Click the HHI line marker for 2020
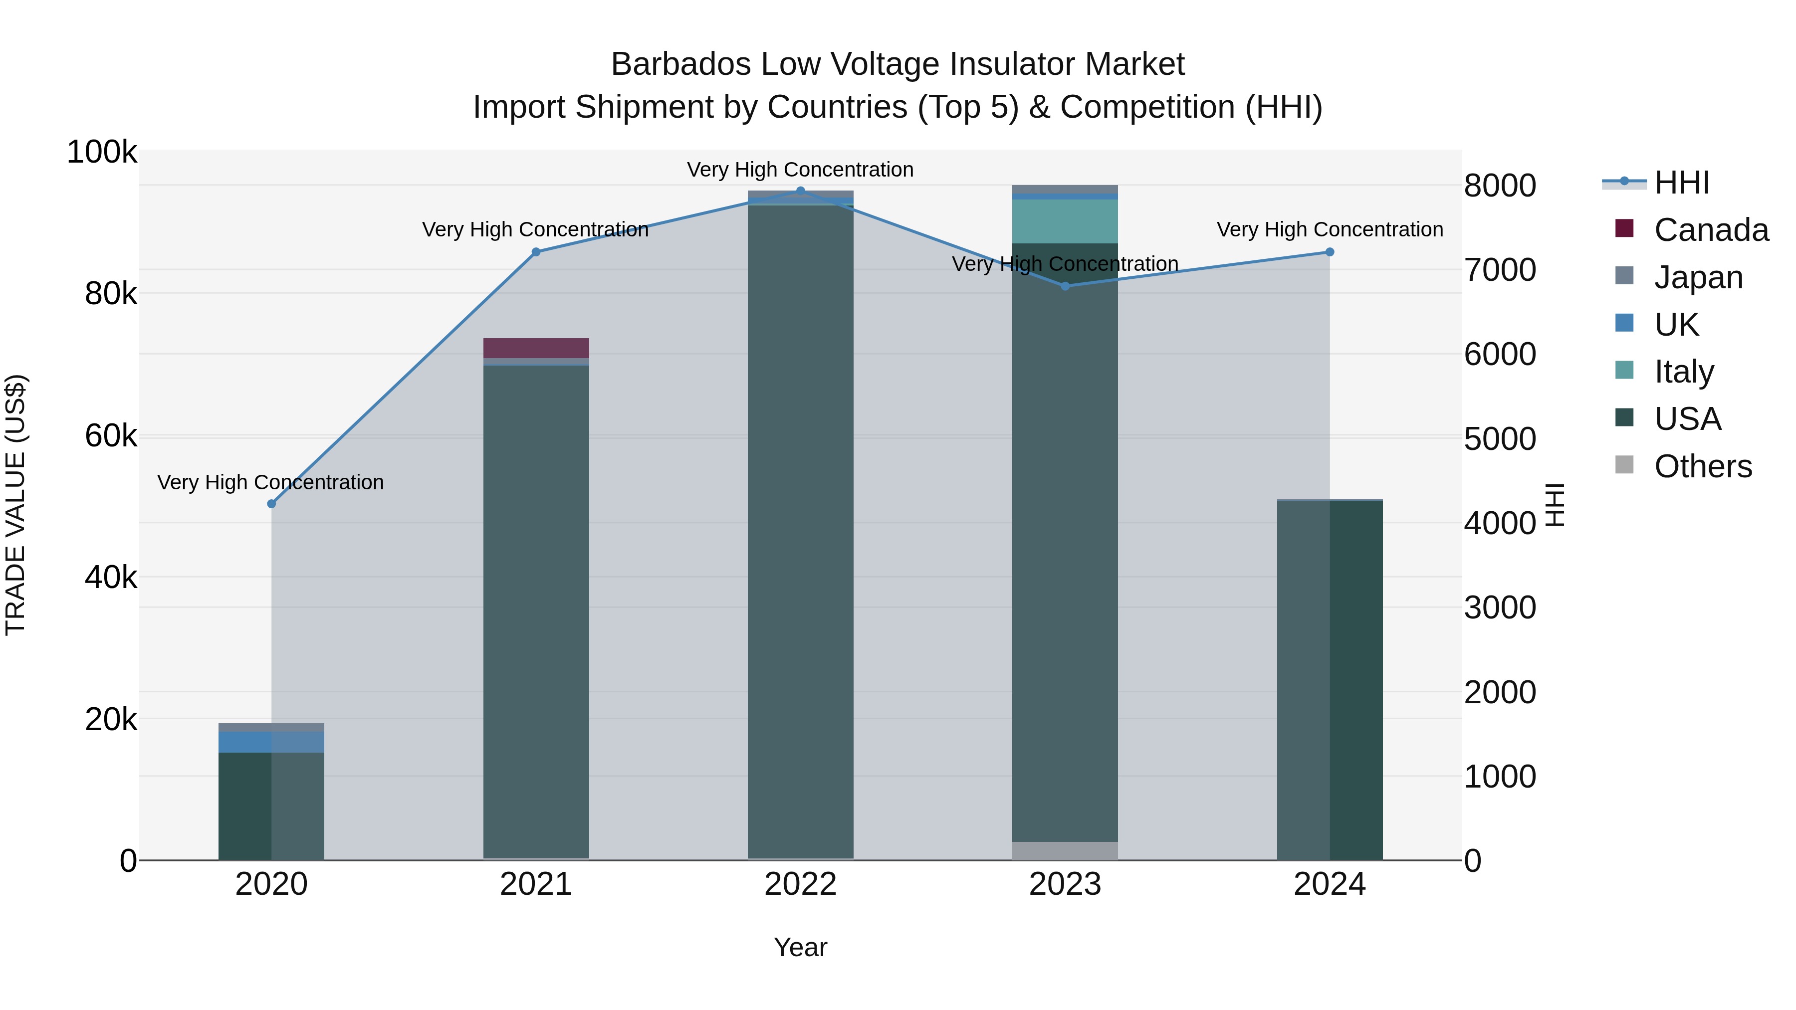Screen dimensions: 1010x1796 coord(271,504)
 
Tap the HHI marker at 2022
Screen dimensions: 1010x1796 coord(800,191)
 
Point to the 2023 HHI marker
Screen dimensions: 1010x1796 coord(1065,286)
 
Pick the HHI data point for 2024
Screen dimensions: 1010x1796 coord(1330,252)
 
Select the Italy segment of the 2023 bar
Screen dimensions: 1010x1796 coord(1065,221)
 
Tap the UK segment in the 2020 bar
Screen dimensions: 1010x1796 coord(271,742)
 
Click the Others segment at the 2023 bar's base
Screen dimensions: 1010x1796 coord(1065,850)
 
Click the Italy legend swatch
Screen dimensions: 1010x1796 coord(1624,371)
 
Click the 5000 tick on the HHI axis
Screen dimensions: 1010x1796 coord(1500,439)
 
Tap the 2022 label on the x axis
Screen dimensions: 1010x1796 coord(800,884)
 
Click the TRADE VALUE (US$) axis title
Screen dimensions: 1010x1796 coord(15,505)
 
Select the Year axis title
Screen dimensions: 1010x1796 coord(800,947)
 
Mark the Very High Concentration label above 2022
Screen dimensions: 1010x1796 coord(800,170)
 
